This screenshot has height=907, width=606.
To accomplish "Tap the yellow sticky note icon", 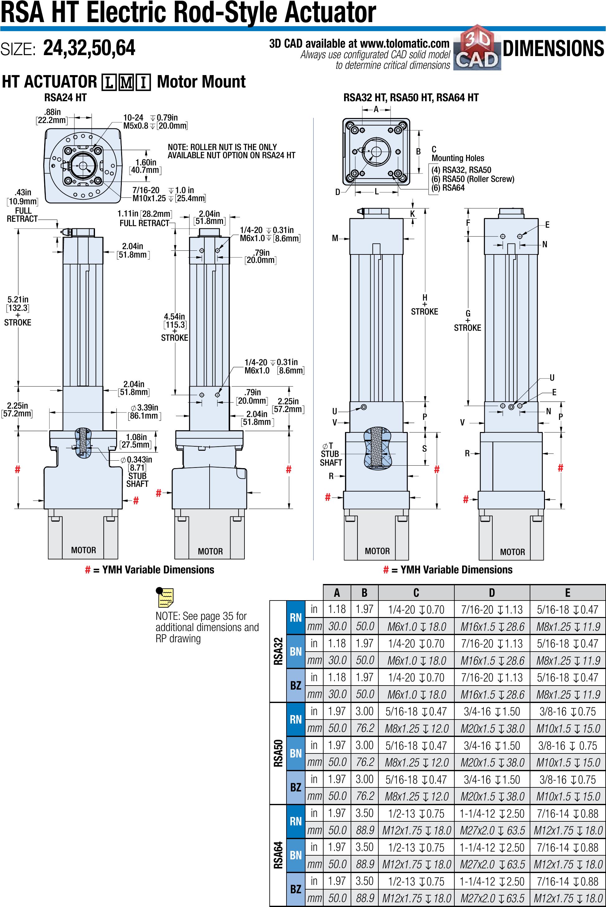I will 166,597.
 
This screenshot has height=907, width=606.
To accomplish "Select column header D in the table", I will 492,592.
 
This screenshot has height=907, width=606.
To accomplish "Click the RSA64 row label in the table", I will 278,855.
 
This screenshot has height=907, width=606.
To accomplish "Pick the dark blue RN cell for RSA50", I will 296,719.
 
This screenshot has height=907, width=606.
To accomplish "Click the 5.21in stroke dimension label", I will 18,311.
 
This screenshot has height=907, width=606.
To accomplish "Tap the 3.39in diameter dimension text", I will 144,411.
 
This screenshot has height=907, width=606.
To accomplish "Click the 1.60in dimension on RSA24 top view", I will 145,166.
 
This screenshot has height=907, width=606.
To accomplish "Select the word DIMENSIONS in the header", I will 553,49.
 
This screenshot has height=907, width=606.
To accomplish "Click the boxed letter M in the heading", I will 126,82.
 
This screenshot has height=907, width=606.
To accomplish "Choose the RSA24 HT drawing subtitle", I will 65,97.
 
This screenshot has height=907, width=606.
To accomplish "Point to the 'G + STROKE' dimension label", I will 468,321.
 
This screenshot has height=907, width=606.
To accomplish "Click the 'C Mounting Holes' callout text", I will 457,154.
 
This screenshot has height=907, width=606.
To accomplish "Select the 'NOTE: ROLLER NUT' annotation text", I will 231,151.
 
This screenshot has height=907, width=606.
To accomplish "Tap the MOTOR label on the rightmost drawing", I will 513,552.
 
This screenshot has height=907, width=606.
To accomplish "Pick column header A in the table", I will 337,592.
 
